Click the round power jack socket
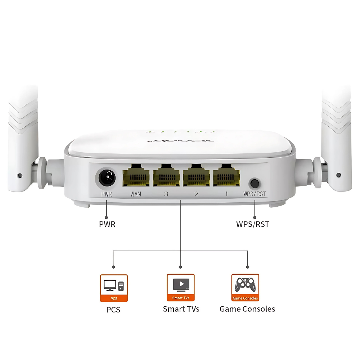point(107,177)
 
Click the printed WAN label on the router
point(136,194)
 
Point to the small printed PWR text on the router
point(107,194)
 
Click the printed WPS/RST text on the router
point(255,194)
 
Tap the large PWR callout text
point(107,224)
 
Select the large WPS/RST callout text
point(252,224)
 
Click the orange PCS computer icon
point(114,288)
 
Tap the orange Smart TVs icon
point(181,287)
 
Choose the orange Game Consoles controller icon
point(245,287)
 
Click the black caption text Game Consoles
point(247,309)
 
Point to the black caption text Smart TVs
point(181,309)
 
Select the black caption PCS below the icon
point(113,310)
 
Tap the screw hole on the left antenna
point(20,176)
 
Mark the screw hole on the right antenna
point(338,175)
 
